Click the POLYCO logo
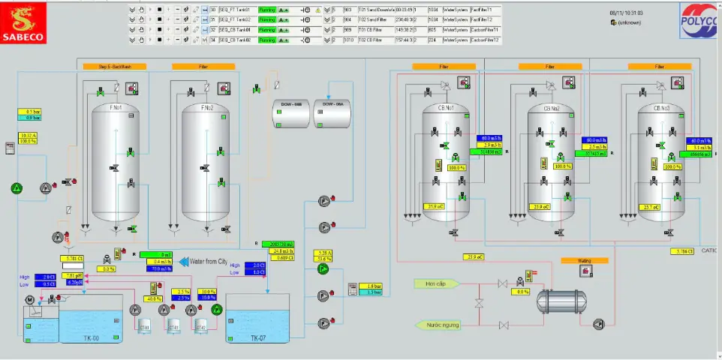[x=700, y=20]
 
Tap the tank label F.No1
[x=116, y=108]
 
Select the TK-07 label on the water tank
[x=258, y=338]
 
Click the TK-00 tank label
[x=92, y=338]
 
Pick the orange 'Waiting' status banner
[x=583, y=261]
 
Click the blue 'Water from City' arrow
[x=205, y=261]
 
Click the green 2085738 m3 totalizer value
[x=278, y=244]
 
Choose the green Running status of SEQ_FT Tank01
[x=267, y=9]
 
